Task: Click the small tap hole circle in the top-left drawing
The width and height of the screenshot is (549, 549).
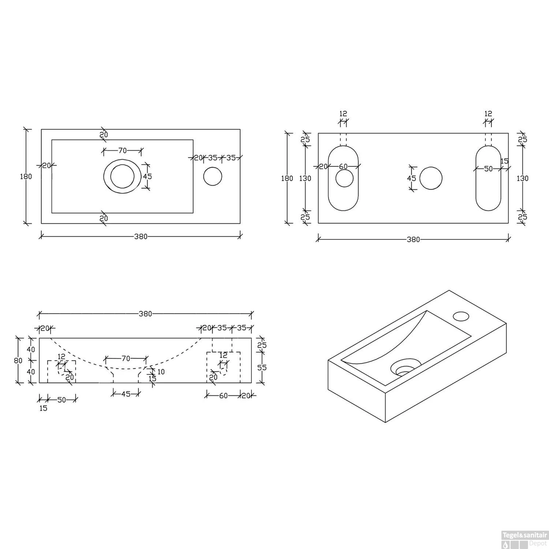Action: [213, 176]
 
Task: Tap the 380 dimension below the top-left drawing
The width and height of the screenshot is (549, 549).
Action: [141, 236]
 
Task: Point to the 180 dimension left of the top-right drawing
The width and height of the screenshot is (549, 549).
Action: [287, 178]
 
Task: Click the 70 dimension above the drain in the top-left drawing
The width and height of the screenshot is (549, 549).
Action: [122, 150]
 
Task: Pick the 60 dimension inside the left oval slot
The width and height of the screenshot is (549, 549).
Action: [343, 167]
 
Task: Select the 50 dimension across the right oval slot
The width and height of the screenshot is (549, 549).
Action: [488, 169]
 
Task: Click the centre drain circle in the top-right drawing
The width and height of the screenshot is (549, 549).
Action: [431, 178]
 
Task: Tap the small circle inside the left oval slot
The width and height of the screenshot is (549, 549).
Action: [344, 178]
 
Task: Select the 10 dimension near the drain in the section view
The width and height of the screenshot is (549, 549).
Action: [161, 372]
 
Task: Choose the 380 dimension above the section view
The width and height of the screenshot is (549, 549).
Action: [145, 314]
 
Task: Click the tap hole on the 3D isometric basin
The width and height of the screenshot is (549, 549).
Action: [461, 316]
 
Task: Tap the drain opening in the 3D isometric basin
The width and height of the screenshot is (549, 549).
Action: [405, 369]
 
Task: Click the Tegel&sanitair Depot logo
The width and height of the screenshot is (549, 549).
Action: [524, 540]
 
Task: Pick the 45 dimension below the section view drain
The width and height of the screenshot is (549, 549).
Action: [126, 394]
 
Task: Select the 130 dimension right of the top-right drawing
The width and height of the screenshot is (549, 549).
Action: [523, 178]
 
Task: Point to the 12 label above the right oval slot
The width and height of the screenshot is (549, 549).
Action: [488, 114]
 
